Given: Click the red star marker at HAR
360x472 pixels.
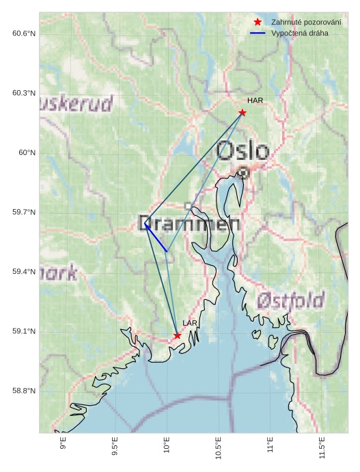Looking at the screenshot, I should point(243,113).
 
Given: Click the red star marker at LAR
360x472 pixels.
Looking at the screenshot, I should point(178,335).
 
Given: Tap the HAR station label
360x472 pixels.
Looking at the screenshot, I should point(255,101).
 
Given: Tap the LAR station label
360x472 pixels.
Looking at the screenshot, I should point(190,323).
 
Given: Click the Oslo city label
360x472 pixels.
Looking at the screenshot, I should point(243,150).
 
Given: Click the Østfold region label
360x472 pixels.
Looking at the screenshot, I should point(290,300).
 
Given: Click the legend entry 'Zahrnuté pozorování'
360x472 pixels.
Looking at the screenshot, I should point(305,23).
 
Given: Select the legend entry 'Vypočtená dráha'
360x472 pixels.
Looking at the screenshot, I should point(299,33).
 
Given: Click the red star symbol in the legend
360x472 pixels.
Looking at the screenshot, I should point(258,23).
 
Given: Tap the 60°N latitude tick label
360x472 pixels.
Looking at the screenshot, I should point(27,153).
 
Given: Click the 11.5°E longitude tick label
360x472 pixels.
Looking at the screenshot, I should point(322,448).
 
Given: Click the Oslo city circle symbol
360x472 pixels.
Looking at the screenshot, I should point(243,173).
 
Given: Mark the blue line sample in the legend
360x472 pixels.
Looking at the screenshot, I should point(258,33).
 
